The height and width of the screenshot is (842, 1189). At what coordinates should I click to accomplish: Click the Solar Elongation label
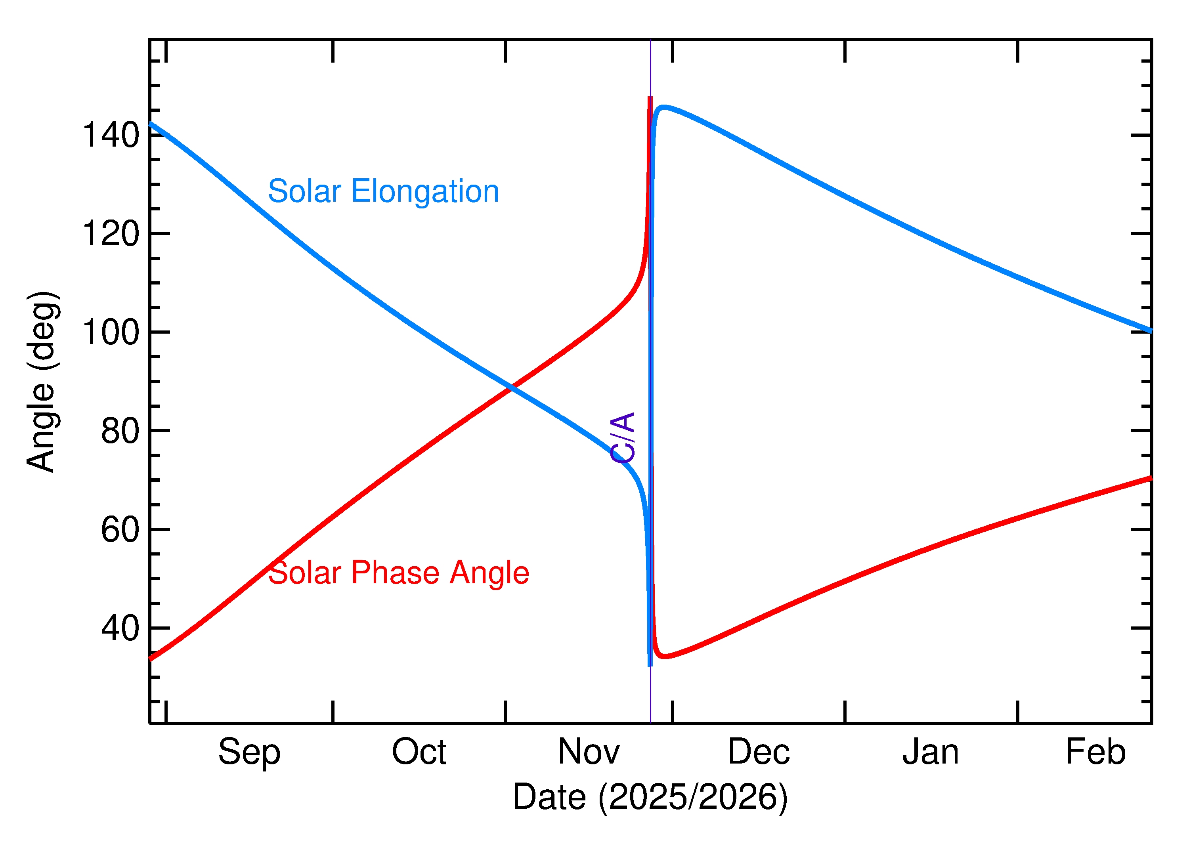(x=383, y=191)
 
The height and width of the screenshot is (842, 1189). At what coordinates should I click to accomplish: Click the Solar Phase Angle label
(x=398, y=573)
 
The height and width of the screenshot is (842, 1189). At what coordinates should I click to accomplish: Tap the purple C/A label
(x=623, y=437)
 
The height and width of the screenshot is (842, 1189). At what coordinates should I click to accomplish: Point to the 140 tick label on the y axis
(x=111, y=136)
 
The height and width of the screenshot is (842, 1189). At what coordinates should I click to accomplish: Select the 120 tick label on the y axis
(x=111, y=234)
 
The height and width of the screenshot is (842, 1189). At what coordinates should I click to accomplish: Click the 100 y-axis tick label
(x=111, y=332)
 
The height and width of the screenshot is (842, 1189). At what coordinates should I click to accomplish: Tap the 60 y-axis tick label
(x=120, y=530)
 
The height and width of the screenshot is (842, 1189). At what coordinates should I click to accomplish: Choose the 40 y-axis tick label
(x=120, y=628)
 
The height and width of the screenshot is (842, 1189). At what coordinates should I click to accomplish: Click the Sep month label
(x=249, y=753)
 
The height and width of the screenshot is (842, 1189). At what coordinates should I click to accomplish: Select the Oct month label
(x=419, y=752)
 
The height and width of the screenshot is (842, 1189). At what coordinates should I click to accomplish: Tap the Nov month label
(x=589, y=752)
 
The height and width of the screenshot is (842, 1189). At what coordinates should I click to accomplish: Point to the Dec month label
(x=759, y=752)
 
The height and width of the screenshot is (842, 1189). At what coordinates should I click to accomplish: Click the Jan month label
(x=931, y=752)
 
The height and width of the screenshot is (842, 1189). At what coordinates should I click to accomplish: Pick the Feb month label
(x=1096, y=752)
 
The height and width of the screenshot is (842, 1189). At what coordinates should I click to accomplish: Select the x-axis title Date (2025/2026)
(x=650, y=797)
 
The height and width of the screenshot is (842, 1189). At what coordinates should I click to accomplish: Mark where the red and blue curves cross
(x=512, y=387)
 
